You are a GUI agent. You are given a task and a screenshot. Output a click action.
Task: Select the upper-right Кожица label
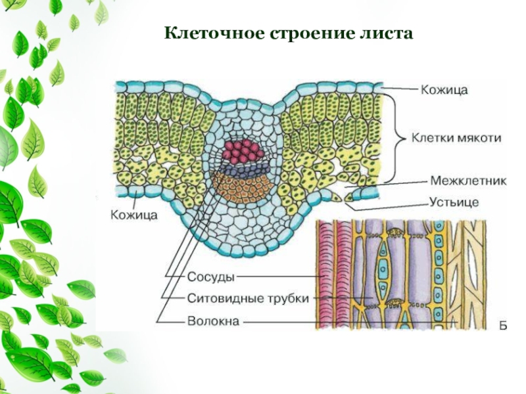[444, 91]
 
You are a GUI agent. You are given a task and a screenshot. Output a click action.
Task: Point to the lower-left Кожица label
[133, 214]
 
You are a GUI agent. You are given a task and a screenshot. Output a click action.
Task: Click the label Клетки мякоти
[456, 138]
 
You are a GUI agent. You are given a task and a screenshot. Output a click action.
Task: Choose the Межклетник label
[467, 181]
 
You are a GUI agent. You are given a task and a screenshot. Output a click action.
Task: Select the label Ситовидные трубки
[248, 298]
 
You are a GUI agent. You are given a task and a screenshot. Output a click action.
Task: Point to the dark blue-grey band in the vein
[245, 169]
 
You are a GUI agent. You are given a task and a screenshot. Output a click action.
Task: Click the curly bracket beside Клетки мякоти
[394, 138]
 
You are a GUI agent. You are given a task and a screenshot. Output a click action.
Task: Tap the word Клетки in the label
[431, 138]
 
